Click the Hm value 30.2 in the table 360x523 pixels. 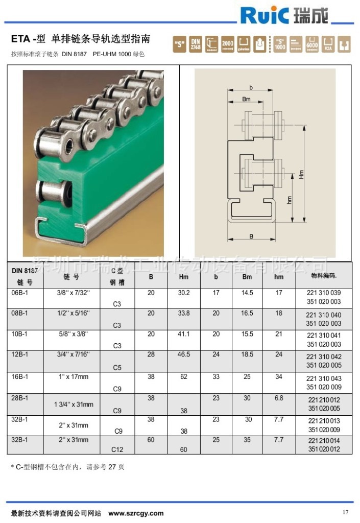pos(184,293)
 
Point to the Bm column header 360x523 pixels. pos(247,277)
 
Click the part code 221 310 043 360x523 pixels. pos(324,378)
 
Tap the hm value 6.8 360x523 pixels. pos(279,398)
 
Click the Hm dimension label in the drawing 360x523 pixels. pos(301,174)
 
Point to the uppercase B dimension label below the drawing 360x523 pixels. pos(252,236)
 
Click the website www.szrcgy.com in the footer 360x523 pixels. pos(136,513)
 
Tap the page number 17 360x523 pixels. pos(346,512)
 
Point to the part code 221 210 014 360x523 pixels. pos(324,441)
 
